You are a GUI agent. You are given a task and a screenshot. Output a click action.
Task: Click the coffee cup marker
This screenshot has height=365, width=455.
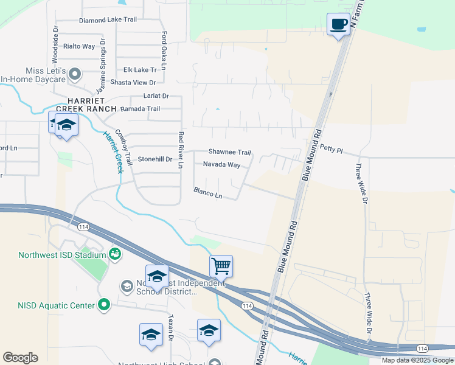coord(339,25)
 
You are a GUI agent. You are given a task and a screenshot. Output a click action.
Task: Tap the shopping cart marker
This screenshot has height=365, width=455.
coord(221,266)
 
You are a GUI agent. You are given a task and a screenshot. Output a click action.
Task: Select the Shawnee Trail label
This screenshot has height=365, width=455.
coord(230,152)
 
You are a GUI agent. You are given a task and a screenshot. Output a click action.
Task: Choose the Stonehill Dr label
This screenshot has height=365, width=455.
coord(156,159)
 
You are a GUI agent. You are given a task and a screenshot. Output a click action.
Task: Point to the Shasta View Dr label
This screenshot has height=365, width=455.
coord(133,83)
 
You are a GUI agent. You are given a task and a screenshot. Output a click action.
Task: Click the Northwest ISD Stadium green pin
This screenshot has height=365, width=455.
coord(114,252)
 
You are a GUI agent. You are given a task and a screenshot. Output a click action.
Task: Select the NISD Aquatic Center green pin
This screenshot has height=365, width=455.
coord(104,305)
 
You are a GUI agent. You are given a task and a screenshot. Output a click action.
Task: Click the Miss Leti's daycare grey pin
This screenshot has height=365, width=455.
coord(75,74)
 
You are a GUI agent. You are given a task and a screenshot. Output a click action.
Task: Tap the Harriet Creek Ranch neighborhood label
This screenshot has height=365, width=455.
coord(83,104)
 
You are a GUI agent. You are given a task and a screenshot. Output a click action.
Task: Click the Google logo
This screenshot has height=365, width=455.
coord(20,358)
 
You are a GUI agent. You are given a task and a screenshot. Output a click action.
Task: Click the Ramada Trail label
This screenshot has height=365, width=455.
coord(140,109)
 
